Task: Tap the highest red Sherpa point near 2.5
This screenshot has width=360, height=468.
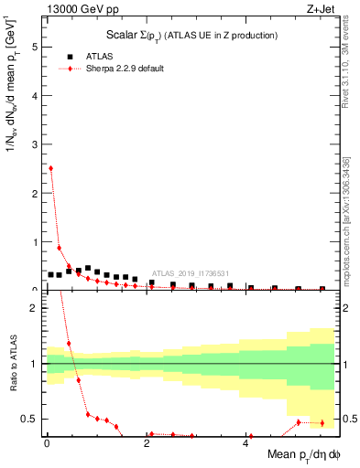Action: (x=50, y=168)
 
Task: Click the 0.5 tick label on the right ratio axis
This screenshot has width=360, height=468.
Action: (x=348, y=419)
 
